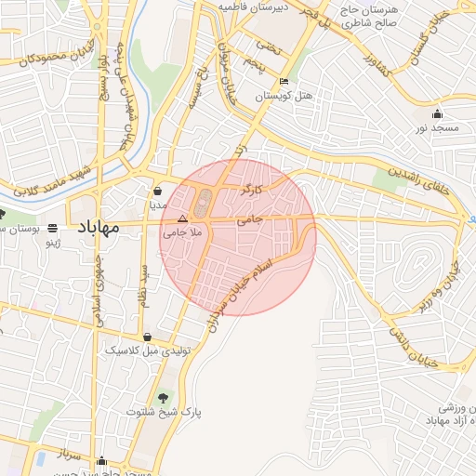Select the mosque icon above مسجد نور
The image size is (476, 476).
tap(437, 113)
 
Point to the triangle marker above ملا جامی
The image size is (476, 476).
tap(182, 221)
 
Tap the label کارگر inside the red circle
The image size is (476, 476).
tap(253, 191)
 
